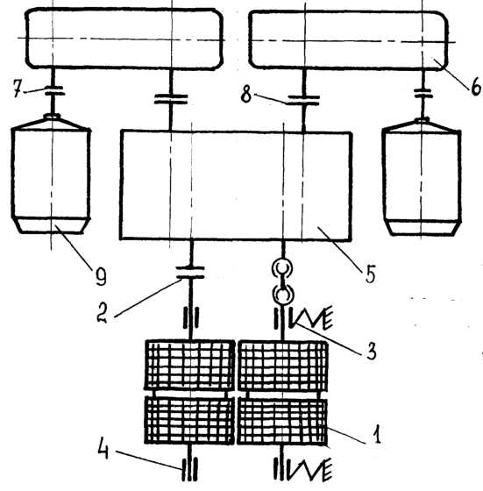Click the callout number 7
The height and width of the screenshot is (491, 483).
[18, 89]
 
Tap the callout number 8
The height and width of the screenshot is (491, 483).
[246, 95]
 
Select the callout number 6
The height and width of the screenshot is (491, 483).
[475, 86]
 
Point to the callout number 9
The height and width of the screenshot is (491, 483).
[101, 276]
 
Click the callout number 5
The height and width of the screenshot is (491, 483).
[370, 274]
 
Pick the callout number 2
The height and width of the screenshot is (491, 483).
[102, 314]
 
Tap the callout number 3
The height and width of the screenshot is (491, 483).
[371, 351]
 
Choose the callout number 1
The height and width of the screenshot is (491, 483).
[377, 434]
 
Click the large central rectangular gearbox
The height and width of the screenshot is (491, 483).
[236, 185]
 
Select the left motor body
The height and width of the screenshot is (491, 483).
[51, 174]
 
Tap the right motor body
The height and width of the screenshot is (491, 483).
[422, 177]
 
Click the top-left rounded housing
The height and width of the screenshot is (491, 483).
[124, 39]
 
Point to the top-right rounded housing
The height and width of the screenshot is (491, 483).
[348, 40]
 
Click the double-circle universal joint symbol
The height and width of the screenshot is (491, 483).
[282, 281]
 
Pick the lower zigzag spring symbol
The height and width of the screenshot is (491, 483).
[310, 469]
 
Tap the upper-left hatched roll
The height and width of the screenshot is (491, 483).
[190, 365]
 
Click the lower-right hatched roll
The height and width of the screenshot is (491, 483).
[282, 421]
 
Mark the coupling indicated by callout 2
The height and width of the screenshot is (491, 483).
[190, 273]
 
